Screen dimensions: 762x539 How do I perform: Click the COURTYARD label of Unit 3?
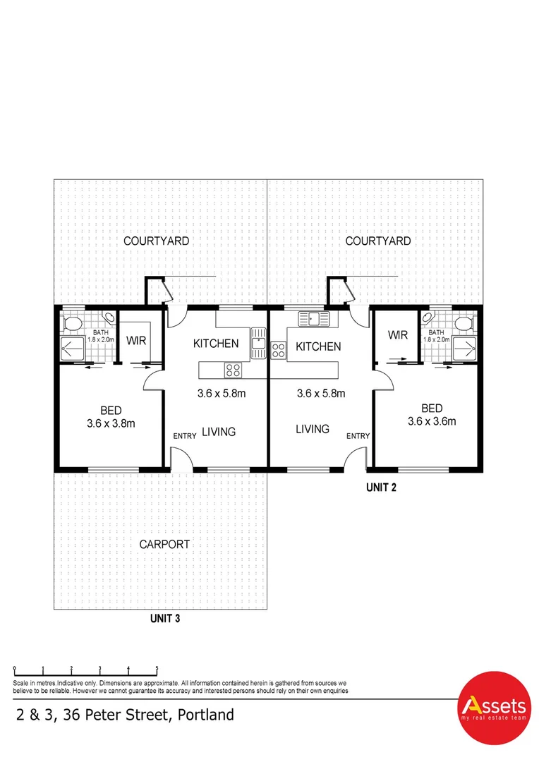(x=156, y=241)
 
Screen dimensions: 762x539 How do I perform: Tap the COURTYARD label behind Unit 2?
(x=378, y=241)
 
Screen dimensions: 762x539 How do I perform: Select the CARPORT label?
(x=164, y=544)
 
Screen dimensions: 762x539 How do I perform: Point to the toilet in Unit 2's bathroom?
(x=463, y=323)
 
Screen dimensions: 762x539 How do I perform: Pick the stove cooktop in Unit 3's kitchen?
(x=232, y=369)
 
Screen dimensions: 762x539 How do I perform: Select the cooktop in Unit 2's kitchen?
(x=278, y=347)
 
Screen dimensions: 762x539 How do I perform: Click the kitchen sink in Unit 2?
(x=314, y=319)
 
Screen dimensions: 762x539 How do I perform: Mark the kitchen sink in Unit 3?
(x=258, y=344)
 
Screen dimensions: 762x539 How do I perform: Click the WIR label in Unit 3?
(x=135, y=341)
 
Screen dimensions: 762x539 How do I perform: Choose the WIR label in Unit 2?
(x=398, y=335)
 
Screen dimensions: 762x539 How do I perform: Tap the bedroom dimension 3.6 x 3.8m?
(x=111, y=424)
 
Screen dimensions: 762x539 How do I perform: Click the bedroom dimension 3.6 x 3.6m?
(x=432, y=421)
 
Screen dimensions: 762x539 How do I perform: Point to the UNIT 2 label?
(x=381, y=487)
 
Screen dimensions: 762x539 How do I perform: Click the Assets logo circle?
(x=493, y=708)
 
